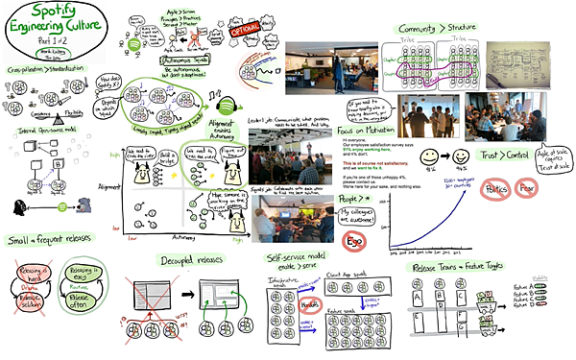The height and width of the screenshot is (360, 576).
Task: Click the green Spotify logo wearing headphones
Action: pyautogui.click(x=228, y=106)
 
